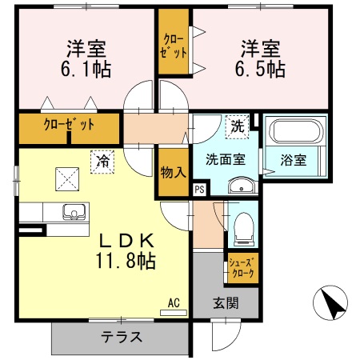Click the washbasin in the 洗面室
tap(239, 186)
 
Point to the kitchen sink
tap(77, 214)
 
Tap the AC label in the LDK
tap(173, 304)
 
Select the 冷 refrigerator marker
tap(102, 161)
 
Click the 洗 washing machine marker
tap(238, 126)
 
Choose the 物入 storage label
tap(172, 171)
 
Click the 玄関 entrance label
tap(226, 303)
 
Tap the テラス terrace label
tap(122, 337)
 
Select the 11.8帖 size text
tap(126, 261)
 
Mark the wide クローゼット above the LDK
tap(69, 125)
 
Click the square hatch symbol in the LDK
tap(66, 179)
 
